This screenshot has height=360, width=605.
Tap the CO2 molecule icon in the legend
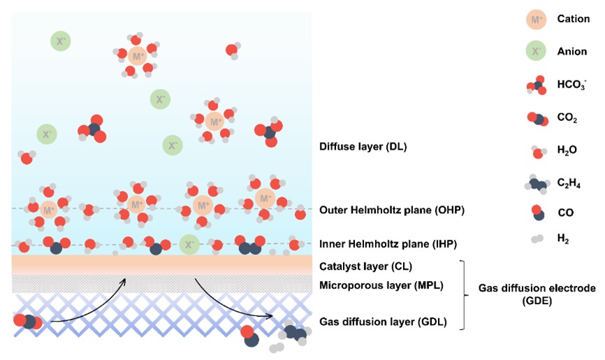pos(537,119)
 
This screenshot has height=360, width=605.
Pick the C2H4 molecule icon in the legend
pos(537,185)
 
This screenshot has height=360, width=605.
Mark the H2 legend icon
pos(536,239)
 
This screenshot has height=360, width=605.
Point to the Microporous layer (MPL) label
pos(381,285)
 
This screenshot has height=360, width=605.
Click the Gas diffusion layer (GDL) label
pos(383,322)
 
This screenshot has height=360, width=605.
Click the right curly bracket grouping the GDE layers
pos(462,294)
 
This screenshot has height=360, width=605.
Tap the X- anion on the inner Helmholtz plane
pos(187,244)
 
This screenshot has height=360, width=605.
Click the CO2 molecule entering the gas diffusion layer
pos(28,322)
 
